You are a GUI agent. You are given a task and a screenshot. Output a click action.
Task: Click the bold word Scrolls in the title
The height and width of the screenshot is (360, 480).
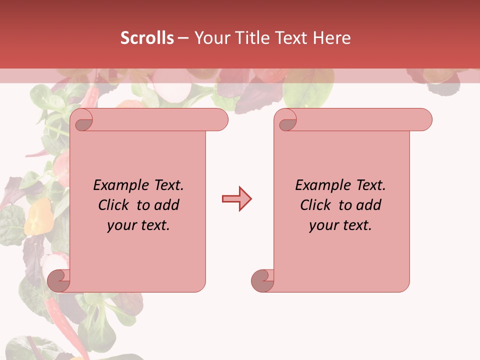(147, 38)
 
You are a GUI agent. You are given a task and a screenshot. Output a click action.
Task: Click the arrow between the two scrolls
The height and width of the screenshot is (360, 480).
(236, 199)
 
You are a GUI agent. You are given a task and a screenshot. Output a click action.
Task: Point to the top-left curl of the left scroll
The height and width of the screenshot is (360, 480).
(83, 121)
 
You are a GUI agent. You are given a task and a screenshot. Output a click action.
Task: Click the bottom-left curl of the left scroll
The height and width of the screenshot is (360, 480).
(58, 280)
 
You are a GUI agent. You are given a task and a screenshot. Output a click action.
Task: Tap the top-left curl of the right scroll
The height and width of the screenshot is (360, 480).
(287, 121)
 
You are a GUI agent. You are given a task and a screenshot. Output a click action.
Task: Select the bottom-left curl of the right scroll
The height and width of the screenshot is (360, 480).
(262, 280)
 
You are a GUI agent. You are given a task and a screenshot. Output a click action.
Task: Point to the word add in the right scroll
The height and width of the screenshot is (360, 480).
(369, 205)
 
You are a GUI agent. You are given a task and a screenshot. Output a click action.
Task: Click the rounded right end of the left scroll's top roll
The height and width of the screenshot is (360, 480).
(220, 120)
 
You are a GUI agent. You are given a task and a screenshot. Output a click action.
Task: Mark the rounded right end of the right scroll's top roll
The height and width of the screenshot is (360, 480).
(424, 120)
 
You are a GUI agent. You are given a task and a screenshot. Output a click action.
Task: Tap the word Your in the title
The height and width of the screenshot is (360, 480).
(211, 38)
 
